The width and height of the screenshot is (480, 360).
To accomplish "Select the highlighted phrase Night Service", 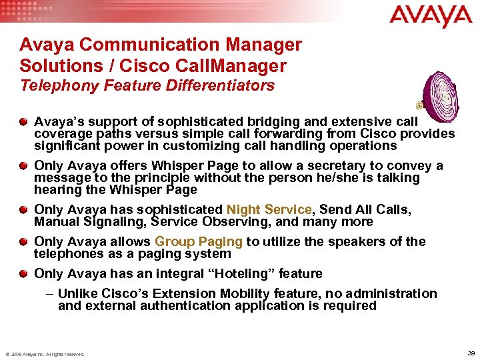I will coord(269,209).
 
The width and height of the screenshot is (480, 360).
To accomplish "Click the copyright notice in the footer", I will coord(45,354).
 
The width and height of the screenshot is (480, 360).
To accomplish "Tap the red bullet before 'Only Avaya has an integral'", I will coord(24,273).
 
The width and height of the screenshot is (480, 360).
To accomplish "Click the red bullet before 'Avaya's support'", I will coord(24,121).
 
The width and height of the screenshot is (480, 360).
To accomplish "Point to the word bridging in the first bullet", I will coord(275,121).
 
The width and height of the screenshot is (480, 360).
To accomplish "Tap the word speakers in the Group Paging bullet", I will coord(349,241).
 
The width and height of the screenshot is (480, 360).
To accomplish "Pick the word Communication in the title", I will coord(139,45).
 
